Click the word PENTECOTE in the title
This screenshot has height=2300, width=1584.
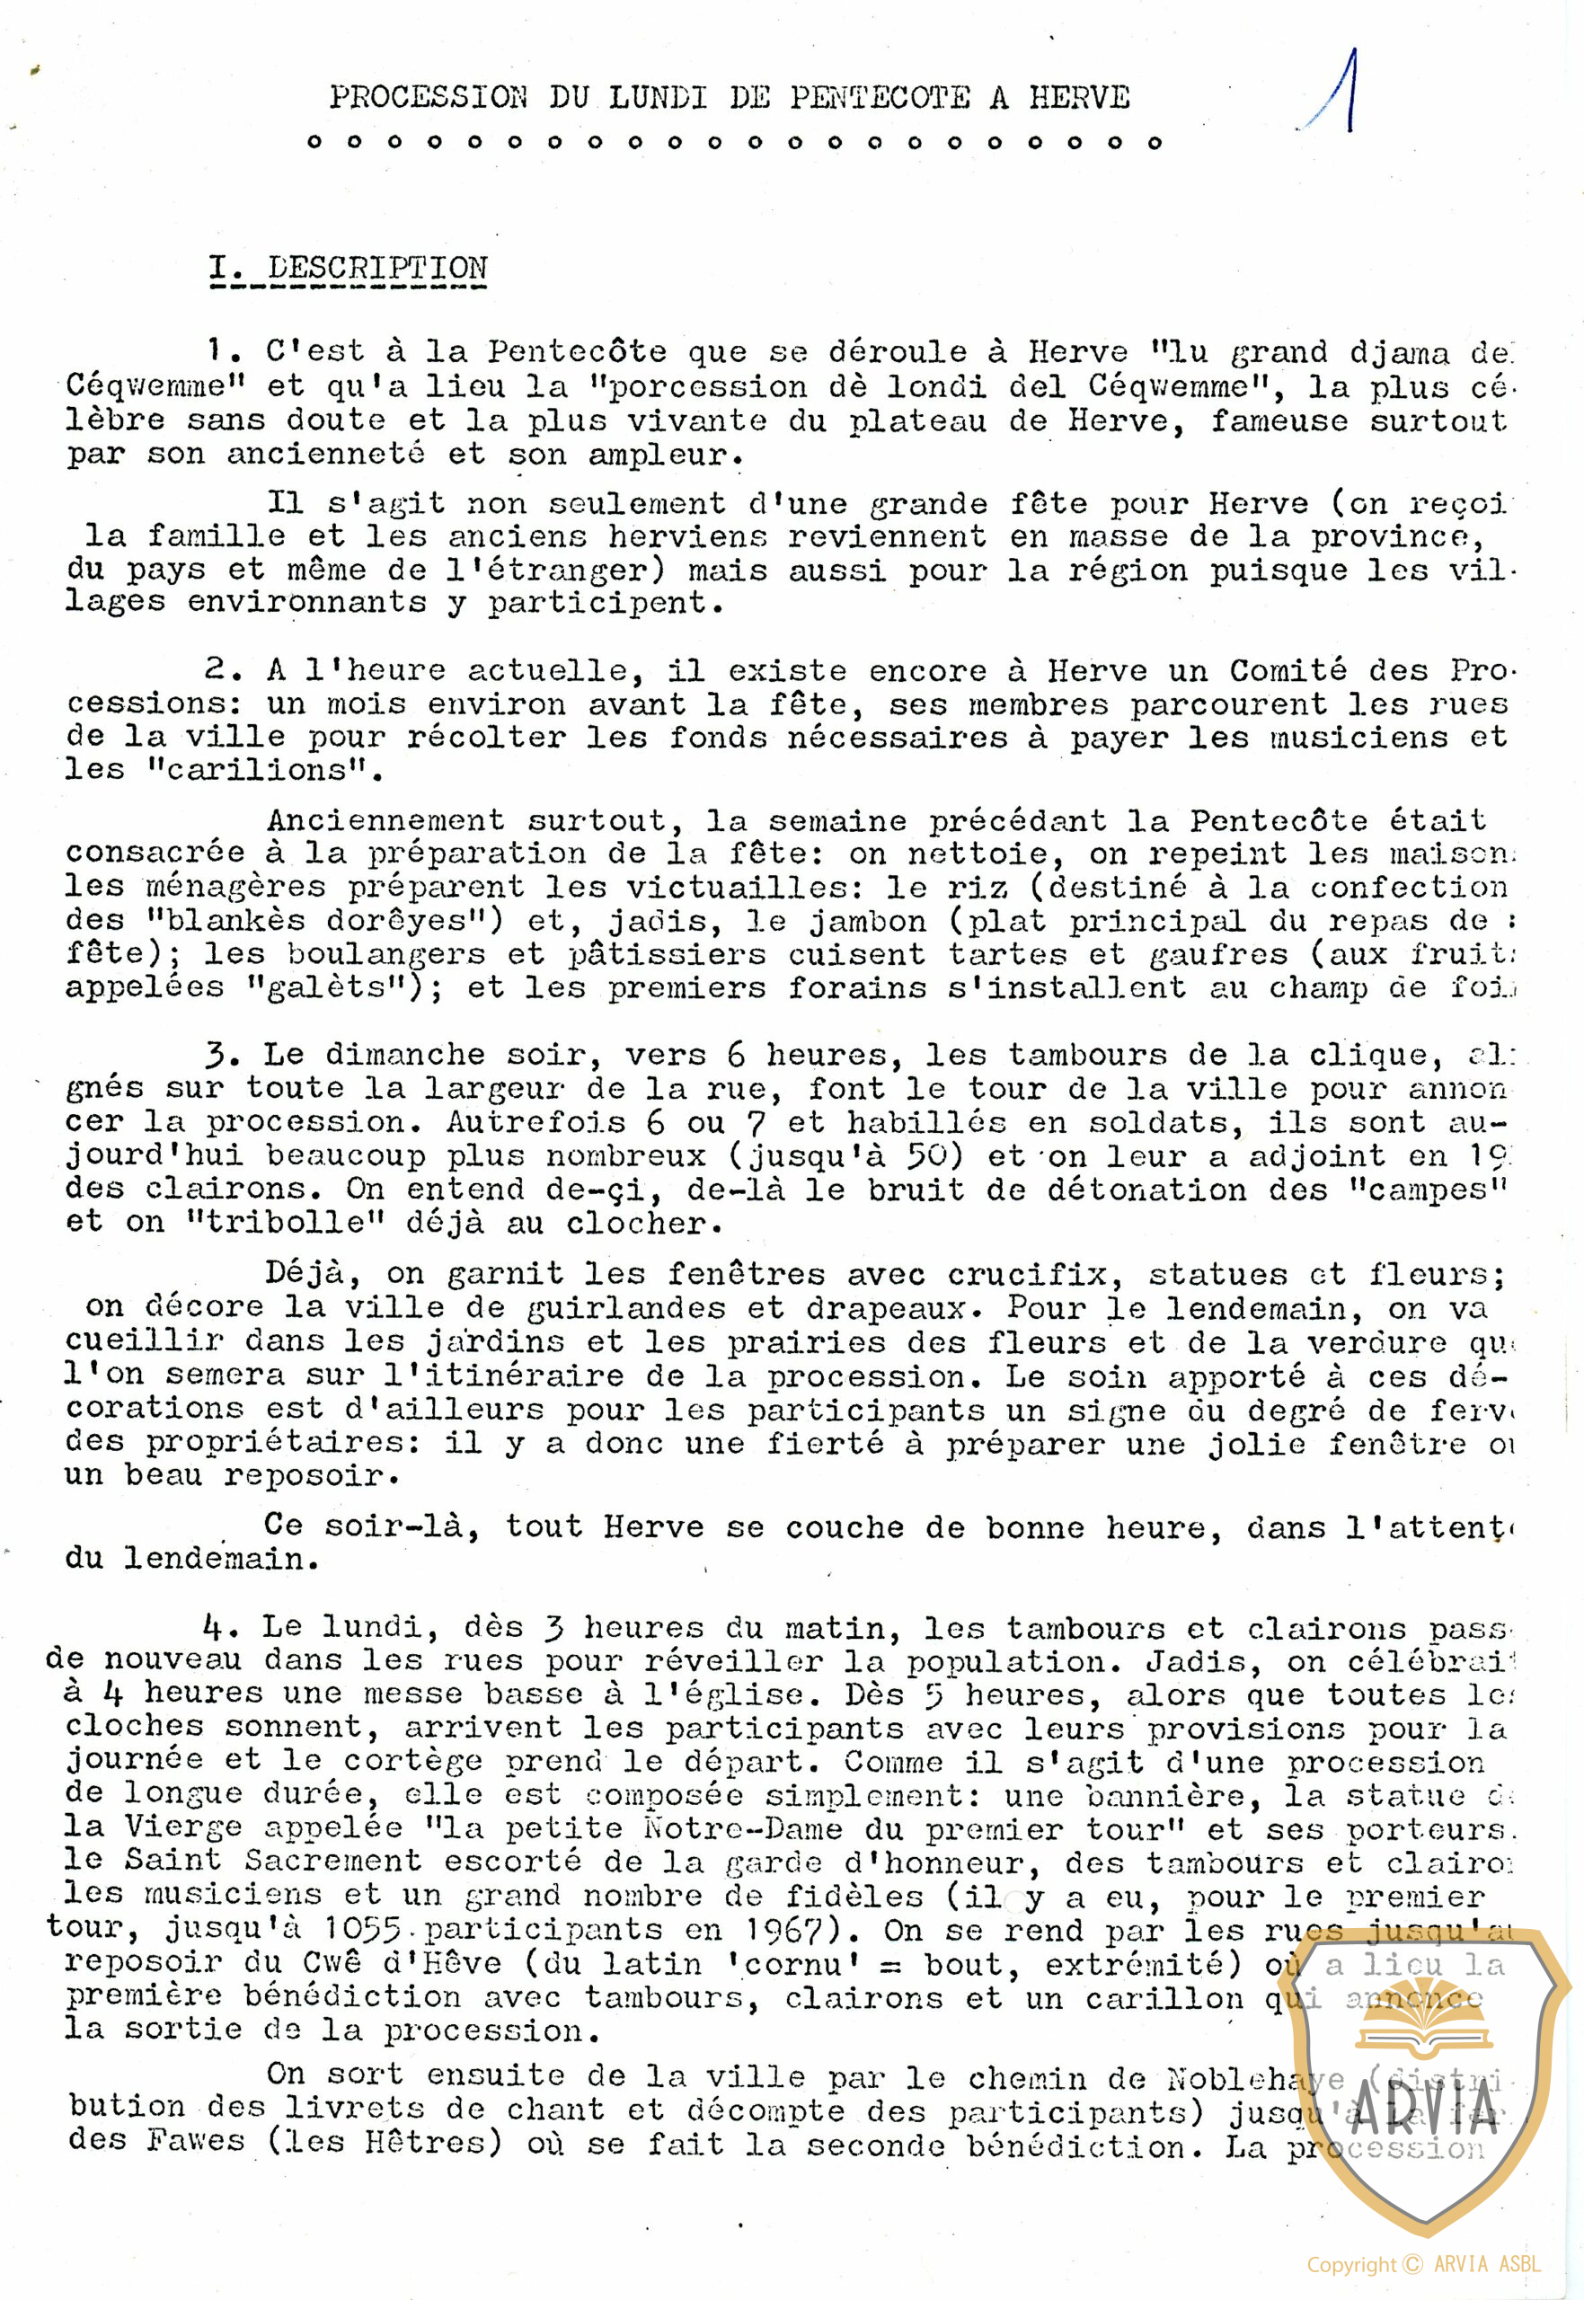880,97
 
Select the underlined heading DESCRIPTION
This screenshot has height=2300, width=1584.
377,268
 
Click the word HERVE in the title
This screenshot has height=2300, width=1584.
1079,97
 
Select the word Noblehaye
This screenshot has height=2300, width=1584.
1255,2078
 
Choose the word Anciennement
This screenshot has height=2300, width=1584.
385,820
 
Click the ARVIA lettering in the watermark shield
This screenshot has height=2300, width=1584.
1425,2119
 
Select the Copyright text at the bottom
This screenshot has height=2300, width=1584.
1422,2264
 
